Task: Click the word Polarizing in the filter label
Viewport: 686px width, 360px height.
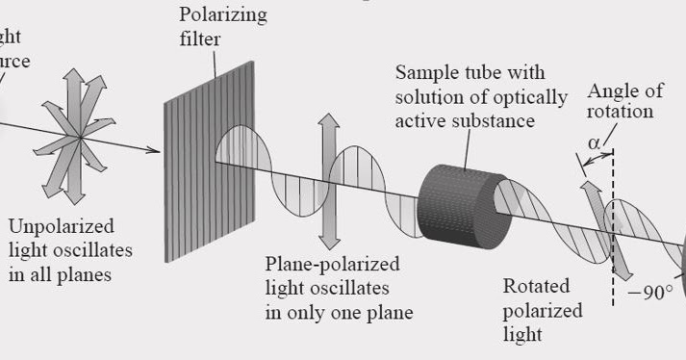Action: coord(223,15)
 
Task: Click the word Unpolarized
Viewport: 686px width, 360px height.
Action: coord(61,227)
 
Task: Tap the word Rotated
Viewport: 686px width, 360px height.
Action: coord(536,287)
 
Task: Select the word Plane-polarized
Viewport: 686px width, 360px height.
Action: coord(332,264)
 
